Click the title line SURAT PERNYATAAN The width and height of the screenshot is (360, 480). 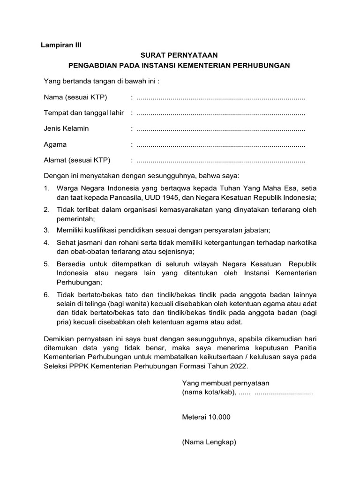pyautogui.click(x=180, y=55)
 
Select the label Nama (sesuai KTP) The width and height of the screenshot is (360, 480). pyautogui.click(x=75, y=97)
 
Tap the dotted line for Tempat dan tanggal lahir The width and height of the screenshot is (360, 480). pyautogui.click(x=221, y=113)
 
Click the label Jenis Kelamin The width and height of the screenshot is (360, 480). pyautogui.click(x=66, y=128)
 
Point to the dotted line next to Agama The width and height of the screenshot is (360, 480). pyautogui.click(x=221, y=144)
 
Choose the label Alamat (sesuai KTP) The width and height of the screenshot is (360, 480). pyautogui.click(x=77, y=160)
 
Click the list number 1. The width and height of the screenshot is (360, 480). pyautogui.click(x=46, y=188)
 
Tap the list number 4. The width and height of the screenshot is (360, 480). pyautogui.click(x=46, y=242)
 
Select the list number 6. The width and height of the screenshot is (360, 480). pyautogui.click(x=46, y=294)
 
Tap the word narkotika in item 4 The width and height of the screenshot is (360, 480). pyautogui.click(x=301, y=242)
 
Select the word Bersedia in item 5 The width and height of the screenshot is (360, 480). pyautogui.click(x=70, y=264)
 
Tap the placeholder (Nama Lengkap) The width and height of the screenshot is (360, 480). pyautogui.click(x=209, y=442)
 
